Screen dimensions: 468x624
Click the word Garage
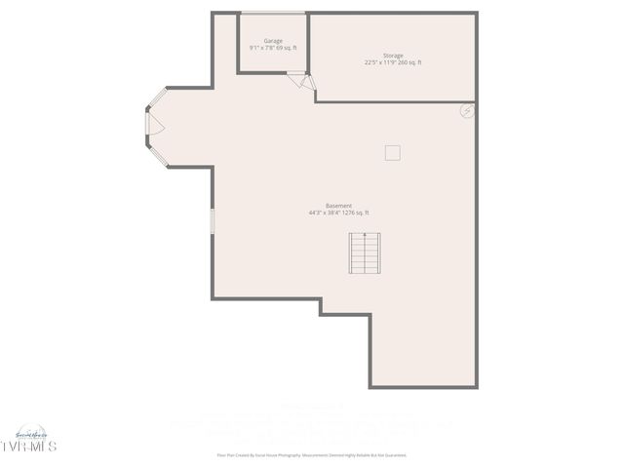click(x=273, y=41)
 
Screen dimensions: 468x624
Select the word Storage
click(x=393, y=56)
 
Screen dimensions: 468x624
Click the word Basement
click(x=338, y=206)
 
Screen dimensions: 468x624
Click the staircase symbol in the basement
click(x=366, y=253)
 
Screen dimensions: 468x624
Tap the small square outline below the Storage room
click(x=392, y=152)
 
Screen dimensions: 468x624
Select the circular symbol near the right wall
click(x=467, y=112)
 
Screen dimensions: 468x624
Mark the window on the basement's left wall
click(x=212, y=219)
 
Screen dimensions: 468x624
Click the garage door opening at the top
click(x=274, y=13)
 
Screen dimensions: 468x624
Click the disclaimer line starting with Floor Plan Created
click(x=311, y=455)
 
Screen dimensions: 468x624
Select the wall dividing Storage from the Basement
click(x=395, y=101)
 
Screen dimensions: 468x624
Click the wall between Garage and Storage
click(x=309, y=44)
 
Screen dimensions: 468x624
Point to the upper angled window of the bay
click(x=156, y=97)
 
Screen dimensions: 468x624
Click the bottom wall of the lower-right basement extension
click(x=424, y=387)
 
